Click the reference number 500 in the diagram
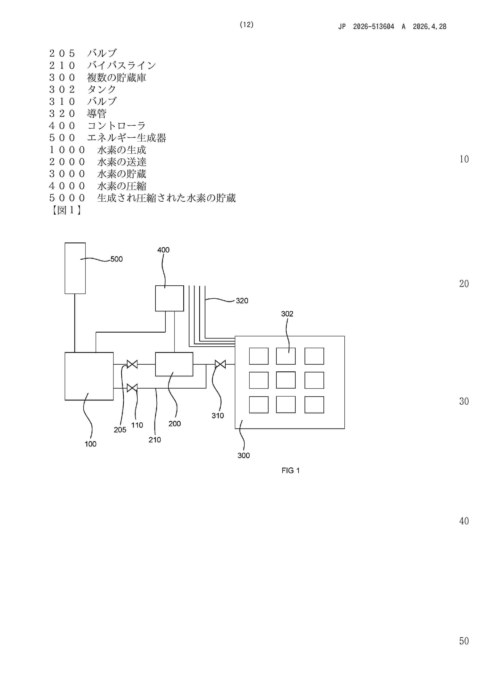click(117, 259)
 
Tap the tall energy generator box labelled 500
click(75, 268)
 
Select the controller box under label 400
click(170, 298)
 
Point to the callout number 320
click(242, 301)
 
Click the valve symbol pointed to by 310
click(220, 364)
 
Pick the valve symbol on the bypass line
click(132, 388)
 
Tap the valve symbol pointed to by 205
click(132, 364)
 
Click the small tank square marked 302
click(286, 356)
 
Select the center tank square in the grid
click(286, 380)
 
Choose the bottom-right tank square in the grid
click(314, 405)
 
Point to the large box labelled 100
click(89, 376)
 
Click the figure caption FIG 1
click(291, 471)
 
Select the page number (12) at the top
click(247, 25)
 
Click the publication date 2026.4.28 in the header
click(429, 27)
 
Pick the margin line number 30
click(464, 401)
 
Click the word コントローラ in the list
click(117, 126)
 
